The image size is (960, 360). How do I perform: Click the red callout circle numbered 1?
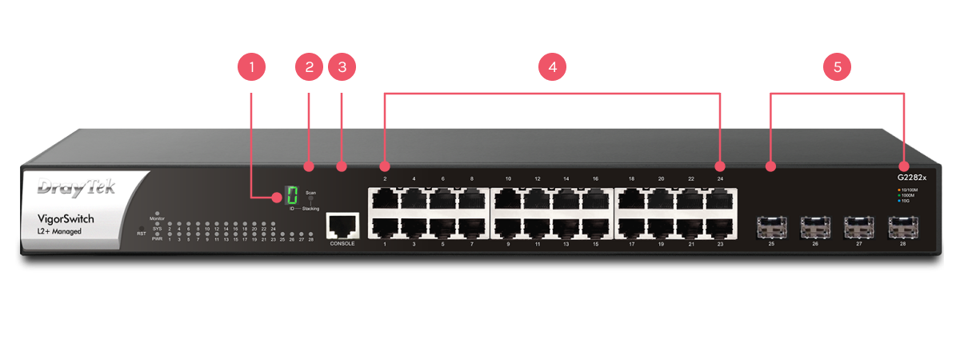tap(252, 66)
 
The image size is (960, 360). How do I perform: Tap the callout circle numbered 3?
tap(342, 66)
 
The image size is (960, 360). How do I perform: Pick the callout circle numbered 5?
tap(837, 66)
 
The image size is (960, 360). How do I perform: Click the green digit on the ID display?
tap(292, 194)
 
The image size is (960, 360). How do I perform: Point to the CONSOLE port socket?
tap(342, 225)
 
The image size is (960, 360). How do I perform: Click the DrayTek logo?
tap(77, 187)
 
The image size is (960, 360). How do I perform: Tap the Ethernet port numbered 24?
tap(719, 198)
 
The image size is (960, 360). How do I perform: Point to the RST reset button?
tap(142, 226)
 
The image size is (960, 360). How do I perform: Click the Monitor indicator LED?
tap(158, 214)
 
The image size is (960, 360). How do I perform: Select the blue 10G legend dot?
tap(898, 201)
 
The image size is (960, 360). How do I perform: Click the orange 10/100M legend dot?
tap(898, 189)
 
